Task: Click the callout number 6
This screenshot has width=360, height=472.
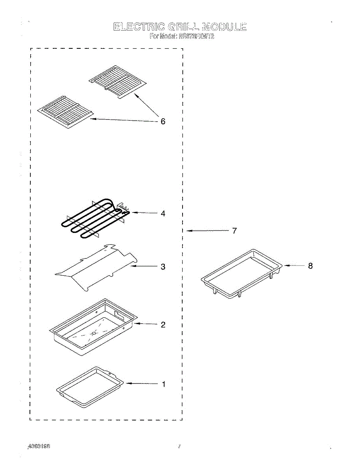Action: tap(163, 122)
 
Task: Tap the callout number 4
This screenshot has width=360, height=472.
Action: tap(163, 214)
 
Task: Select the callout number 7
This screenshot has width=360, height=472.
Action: tap(234, 231)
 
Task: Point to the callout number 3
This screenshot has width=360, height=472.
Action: tap(163, 267)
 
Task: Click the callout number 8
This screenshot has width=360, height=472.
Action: tap(310, 266)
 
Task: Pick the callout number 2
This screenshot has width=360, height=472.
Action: tap(163, 325)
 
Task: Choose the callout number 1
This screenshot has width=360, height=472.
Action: tap(164, 384)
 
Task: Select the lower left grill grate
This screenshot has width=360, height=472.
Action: tap(65, 112)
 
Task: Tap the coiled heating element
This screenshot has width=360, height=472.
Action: tap(92, 219)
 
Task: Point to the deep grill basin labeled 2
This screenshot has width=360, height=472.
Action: tap(93, 326)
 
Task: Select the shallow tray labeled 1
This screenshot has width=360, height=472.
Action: tap(90, 387)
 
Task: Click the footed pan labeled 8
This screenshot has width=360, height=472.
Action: tap(242, 273)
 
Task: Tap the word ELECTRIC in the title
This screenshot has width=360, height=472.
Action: tap(138, 27)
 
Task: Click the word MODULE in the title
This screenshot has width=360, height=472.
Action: tap(224, 27)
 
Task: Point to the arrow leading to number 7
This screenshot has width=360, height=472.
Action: tap(207, 231)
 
